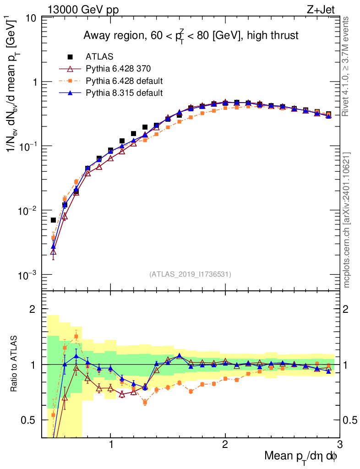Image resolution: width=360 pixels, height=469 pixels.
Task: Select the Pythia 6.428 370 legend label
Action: click(x=118, y=69)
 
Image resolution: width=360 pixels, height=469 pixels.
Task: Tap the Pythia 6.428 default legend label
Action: click(x=124, y=81)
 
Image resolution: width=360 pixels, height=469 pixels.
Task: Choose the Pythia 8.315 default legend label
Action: click(x=124, y=93)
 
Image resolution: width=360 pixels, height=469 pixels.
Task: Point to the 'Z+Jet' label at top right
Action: click(x=327, y=9)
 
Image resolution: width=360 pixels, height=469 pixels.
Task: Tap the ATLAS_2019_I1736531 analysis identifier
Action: click(x=190, y=274)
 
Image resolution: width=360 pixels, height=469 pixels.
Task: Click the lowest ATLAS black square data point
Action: click(x=53, y=220)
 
